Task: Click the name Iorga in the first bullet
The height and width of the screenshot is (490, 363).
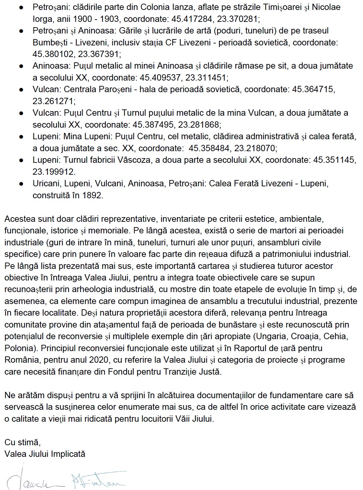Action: [42, 19]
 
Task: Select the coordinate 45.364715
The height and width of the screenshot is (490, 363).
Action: [314, 89]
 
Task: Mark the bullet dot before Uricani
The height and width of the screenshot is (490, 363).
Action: [21, 184]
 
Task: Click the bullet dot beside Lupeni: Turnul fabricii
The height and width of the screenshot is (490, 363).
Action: [21, 160]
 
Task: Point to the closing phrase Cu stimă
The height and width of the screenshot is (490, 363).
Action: [22, 442]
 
